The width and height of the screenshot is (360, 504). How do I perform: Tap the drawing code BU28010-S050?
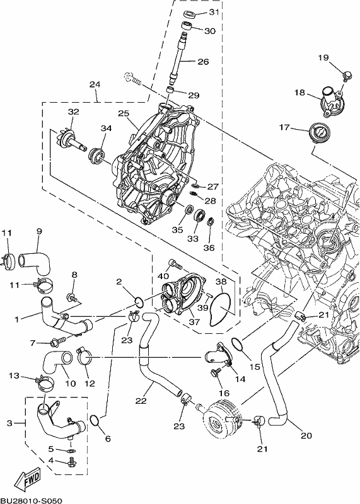click(31, 501)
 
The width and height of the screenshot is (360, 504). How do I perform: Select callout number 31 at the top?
click(214, 12)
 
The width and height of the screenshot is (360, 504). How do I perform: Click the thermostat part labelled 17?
click(318, 132)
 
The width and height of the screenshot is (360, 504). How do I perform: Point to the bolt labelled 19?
click(346, 76)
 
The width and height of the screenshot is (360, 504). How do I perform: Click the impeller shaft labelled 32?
click(75, 140)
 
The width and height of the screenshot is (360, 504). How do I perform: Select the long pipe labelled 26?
click(177, 58)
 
